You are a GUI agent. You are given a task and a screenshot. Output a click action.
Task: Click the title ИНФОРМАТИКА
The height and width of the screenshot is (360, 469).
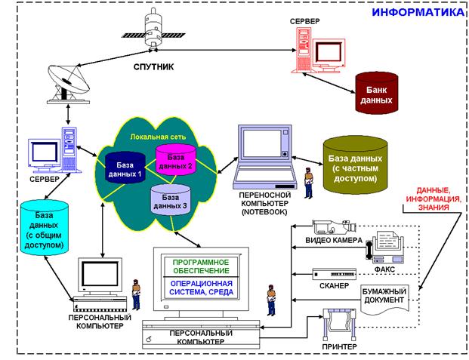coord(418,12)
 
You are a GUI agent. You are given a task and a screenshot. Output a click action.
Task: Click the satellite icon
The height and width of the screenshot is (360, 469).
coord(153,29)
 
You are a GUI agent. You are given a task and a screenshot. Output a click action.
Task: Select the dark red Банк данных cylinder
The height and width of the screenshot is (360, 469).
coord(377,93)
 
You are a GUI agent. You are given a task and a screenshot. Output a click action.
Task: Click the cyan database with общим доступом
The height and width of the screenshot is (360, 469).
coord(45,227)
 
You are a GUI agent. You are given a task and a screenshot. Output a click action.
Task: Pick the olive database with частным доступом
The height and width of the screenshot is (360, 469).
coord(355,165)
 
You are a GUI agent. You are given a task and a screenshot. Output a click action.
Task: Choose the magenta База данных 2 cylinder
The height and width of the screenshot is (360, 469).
coord(175,159)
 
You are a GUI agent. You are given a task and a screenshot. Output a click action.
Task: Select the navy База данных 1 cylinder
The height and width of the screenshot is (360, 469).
coord(125,168)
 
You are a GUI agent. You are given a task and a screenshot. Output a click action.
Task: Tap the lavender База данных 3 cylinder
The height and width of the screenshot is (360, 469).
coord(171,200)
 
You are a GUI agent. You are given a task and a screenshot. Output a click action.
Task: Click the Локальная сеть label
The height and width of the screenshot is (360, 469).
coord(158,137)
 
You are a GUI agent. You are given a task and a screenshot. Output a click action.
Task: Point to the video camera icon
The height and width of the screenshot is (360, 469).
coord(334,227)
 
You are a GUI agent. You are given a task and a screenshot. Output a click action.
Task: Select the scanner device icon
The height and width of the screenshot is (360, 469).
coord(334,274)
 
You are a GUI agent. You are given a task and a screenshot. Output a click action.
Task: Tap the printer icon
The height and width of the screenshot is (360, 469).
coord(339,324)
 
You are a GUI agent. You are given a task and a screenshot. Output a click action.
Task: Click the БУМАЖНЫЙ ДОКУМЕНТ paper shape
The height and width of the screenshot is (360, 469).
coord(384,299)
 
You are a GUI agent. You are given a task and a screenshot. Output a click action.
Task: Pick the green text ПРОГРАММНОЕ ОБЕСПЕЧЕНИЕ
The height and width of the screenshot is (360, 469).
coord(201,266)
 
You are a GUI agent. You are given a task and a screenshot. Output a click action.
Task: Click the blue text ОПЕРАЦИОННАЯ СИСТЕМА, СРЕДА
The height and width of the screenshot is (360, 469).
coord(202,288)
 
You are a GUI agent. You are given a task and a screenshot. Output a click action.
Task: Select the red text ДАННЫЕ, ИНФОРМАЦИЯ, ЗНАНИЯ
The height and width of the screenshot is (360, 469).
coord(434,198)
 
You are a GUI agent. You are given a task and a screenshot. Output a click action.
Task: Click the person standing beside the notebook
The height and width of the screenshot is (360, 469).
coord(308,183)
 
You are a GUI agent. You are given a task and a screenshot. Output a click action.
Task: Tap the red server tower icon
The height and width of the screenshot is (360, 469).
coord(304,50)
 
